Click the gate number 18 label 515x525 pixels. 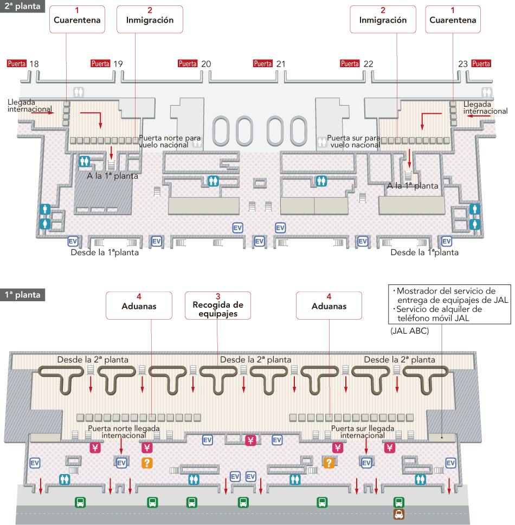click(x=34, y=63)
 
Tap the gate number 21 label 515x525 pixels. click(x=281, y=63)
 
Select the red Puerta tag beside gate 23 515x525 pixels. click(x=481, y=63)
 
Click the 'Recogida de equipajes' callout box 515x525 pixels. click(x=218, y=306)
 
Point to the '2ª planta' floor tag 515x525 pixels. click(x=22, y=6)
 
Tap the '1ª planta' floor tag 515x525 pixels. click(x=22, y=295)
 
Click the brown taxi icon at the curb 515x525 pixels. click(x=399, y=514)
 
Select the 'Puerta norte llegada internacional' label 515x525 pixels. click(x=124, y=432)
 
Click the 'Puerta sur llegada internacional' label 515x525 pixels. click(x=363, y=432)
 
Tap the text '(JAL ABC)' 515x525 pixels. click(x=409, y=331)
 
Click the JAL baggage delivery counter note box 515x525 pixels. click(x=449, y=304)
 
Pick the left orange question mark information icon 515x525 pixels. click(x=147, y=463)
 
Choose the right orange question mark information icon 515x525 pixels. click(x=329, y=463)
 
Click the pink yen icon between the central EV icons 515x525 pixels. click(x=250, y=440)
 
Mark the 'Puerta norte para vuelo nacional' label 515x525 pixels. click(x=170, y=141)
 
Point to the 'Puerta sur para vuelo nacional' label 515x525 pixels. click(x=354, y=141)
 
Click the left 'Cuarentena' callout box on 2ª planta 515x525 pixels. click(x=77, y=19)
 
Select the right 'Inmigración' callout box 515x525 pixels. click(x=383, y=19)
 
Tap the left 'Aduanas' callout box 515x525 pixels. click(x=139, y=306)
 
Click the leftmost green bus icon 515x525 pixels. click(x=80, y=502)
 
